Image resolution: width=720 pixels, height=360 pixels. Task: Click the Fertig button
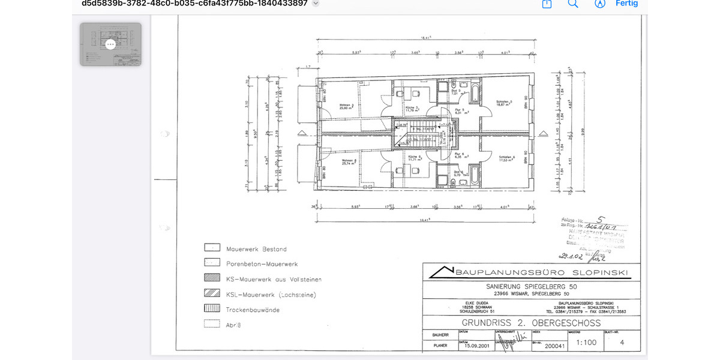pos(626,4)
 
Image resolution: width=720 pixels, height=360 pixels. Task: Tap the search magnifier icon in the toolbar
pos(573,4)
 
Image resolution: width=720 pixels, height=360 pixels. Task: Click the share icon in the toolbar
pos(547,4)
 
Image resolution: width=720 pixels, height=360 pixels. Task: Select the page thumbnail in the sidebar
pos(110,44)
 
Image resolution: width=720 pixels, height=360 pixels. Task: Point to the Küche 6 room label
pos(413,159)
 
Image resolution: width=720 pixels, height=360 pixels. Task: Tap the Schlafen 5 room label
pos(503,103)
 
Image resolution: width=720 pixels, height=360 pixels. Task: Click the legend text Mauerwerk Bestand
pos(256,249)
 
